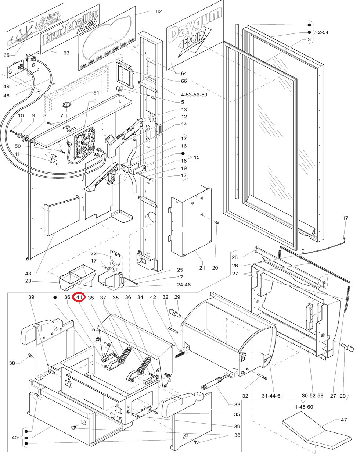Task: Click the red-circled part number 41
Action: pos(79,297)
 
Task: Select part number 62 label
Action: pos(158,11)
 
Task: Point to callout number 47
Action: pos(344,420)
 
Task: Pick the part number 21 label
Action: pos(202,268)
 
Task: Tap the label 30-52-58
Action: pos(313,396)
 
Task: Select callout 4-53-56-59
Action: pos(194,95)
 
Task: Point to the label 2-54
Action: pos(323,32)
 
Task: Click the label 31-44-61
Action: pos(272,396)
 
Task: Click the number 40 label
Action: pos(15,438)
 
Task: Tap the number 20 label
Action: pos(215,268)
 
